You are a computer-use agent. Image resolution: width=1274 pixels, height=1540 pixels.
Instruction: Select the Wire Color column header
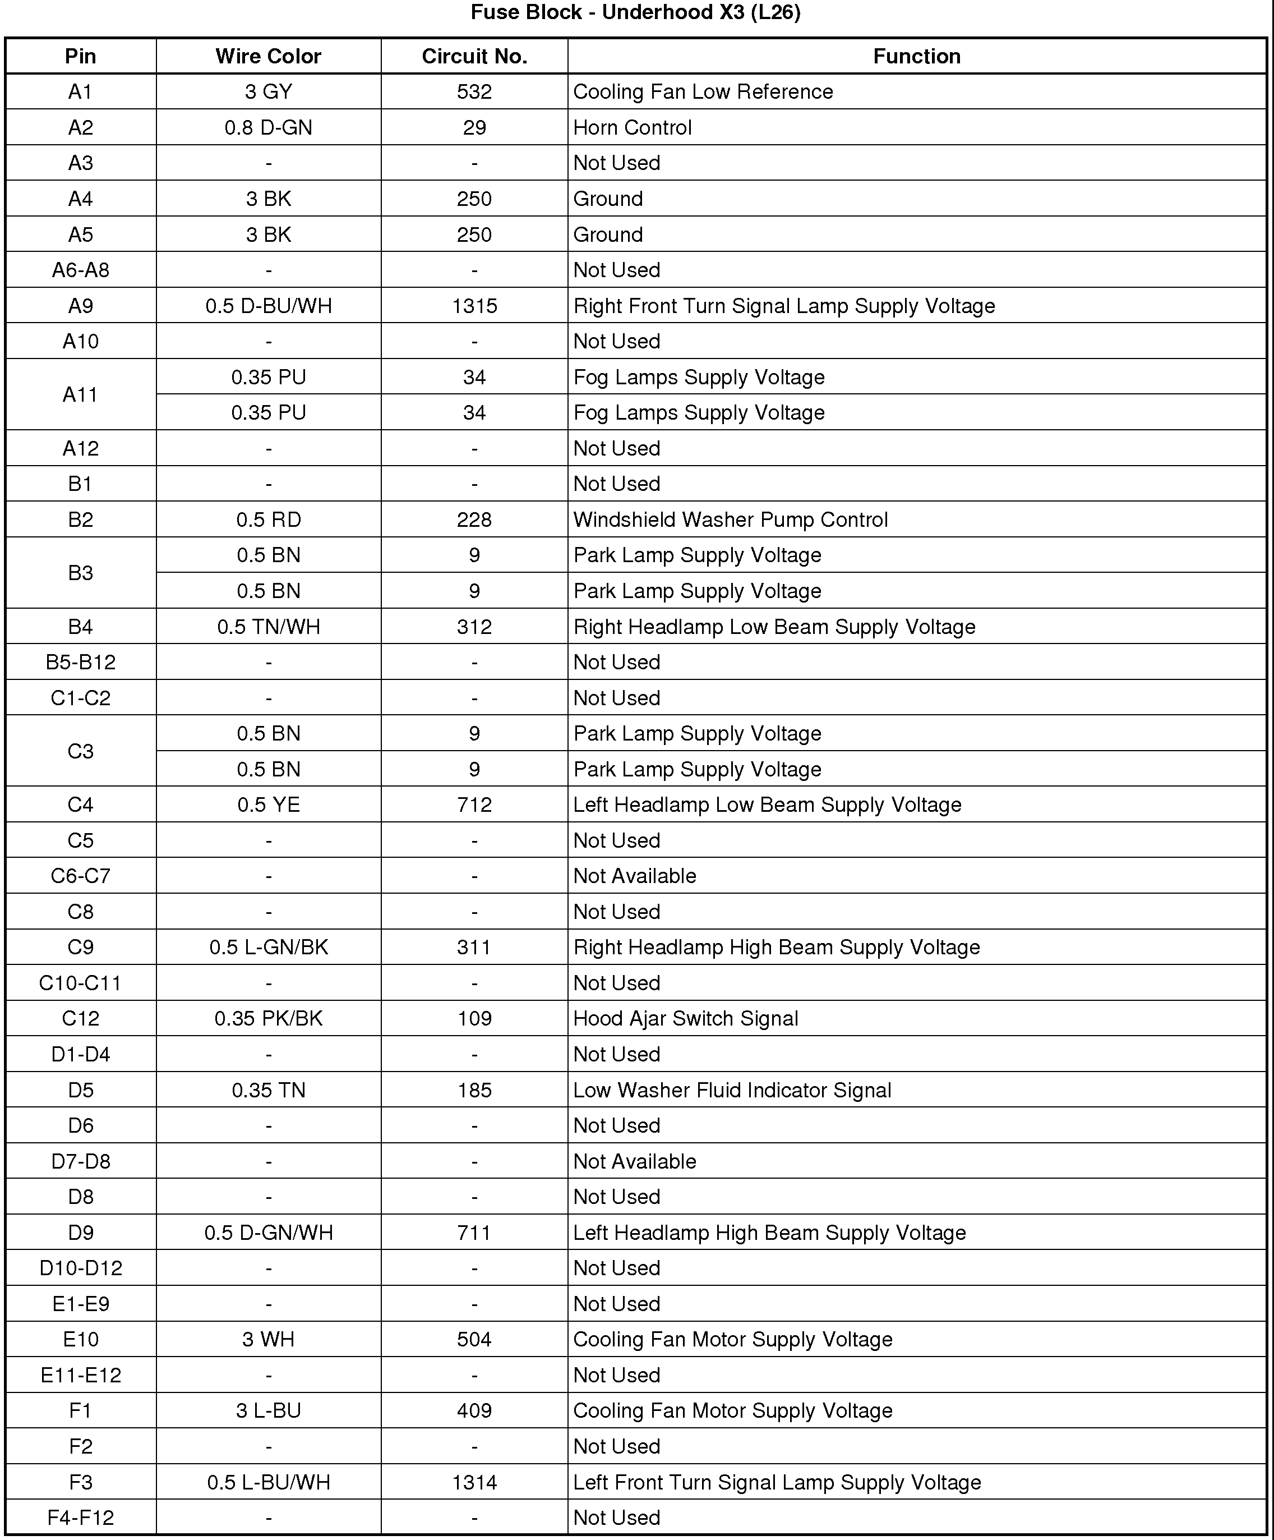click(x=268, y=57)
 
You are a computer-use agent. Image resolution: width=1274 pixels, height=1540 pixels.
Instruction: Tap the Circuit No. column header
click(x=474, y=57)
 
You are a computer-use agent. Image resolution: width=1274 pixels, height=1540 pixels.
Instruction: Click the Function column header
click(x=916, y=57)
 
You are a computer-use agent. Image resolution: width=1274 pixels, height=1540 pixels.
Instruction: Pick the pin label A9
click(x=81, y=306)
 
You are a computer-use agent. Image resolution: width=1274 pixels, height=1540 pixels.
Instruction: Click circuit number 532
click(x=474, y=91)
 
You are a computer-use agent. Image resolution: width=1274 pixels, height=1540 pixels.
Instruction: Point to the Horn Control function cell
click(x=633, y=127)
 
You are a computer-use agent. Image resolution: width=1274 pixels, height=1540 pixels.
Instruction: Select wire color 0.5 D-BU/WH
click(x=268, y=306)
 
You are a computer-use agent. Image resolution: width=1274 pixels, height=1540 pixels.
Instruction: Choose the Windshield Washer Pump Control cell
click(x=730, y=520)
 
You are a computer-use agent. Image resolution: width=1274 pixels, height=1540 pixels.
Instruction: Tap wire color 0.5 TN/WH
click(x=268, y=627)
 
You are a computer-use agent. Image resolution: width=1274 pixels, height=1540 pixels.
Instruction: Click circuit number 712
click(x=474, y=805)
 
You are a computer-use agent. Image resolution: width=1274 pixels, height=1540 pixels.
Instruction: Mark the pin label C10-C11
click(x=81, y=983)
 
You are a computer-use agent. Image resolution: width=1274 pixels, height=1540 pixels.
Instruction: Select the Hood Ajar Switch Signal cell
click(x=685, y=1019)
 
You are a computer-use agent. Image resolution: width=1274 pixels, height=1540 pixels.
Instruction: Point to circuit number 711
click(x=474, y=1233)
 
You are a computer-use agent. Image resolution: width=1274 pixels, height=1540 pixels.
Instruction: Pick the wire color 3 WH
click(x=268, y=1340)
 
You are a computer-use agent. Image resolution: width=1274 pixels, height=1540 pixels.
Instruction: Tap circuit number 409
click(x=474, y=1411)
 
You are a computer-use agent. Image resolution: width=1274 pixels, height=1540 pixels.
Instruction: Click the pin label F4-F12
click(x=81, y=1517)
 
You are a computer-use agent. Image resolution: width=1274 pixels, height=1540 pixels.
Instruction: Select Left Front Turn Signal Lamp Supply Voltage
click(x=777, y=1482)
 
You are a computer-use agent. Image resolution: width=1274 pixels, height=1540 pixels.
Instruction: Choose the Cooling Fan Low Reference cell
click(x=703, y=91)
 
